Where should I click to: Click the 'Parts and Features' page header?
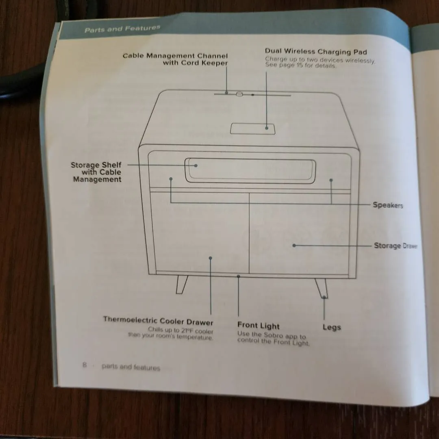coord(122,29)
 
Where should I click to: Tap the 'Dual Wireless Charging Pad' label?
coord(316,52)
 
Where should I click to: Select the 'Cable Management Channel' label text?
coord(175,56)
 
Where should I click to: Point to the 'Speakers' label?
coord(388,205)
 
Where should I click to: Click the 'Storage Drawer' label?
coord(395,246)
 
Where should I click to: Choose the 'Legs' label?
coord(332,327)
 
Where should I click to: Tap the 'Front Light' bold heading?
coord(259,326)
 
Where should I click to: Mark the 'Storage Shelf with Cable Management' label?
coord(97,172)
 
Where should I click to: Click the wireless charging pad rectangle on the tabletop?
coord(252,128)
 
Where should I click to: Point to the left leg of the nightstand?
coord(181,284)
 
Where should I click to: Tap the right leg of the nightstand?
coord(321,287)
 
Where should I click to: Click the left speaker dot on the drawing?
coord(171,178)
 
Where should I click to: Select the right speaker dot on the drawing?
coord(331,180)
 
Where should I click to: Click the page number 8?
coord(85,365)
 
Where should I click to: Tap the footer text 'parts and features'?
coord(131,367)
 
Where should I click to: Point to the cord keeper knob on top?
coord(239,94)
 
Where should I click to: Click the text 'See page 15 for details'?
coord(301,65)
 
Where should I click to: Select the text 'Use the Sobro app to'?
coord(272,335)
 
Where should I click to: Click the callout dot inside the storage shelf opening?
coord(196,165)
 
